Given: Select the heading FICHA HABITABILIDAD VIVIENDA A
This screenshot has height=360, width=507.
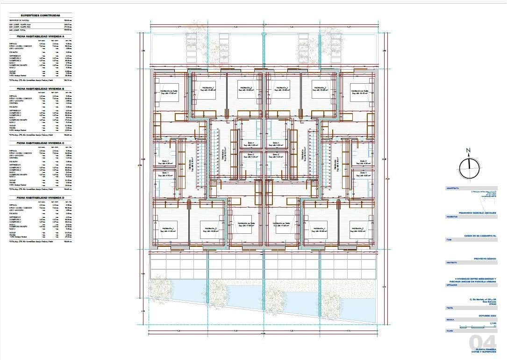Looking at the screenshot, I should pos(41,36).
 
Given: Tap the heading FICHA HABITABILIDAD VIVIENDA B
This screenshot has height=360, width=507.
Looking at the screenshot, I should pos(41,87).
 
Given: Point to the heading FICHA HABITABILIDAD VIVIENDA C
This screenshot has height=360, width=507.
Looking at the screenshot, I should pos(41,143).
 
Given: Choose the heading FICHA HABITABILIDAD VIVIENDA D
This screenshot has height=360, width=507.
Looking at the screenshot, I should pos(41,197).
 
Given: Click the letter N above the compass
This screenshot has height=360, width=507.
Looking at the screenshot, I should pos(468,151).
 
